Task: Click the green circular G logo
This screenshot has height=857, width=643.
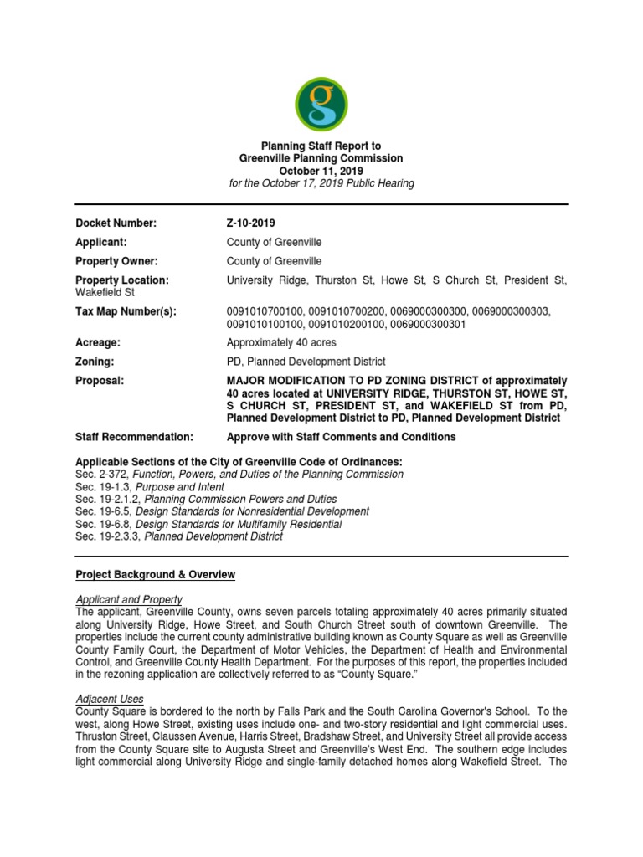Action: point(322,104)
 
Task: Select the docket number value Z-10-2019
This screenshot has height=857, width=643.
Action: point(250,223)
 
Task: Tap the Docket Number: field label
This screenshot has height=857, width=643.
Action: point(116,223)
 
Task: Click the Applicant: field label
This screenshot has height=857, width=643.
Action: point(104,242)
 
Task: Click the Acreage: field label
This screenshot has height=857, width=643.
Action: point(98,343)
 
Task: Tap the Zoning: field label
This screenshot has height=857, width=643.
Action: point(95,362)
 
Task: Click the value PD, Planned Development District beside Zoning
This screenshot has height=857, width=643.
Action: point(306,362)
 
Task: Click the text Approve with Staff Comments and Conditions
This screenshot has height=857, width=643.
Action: point(341,437)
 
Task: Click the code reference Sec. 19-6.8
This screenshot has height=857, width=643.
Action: point(104,524)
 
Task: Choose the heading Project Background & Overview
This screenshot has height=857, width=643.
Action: point(155,575)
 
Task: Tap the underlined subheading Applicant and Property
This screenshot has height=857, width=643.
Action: point(128,599)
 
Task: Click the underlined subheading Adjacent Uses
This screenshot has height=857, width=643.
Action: point(109,699)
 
